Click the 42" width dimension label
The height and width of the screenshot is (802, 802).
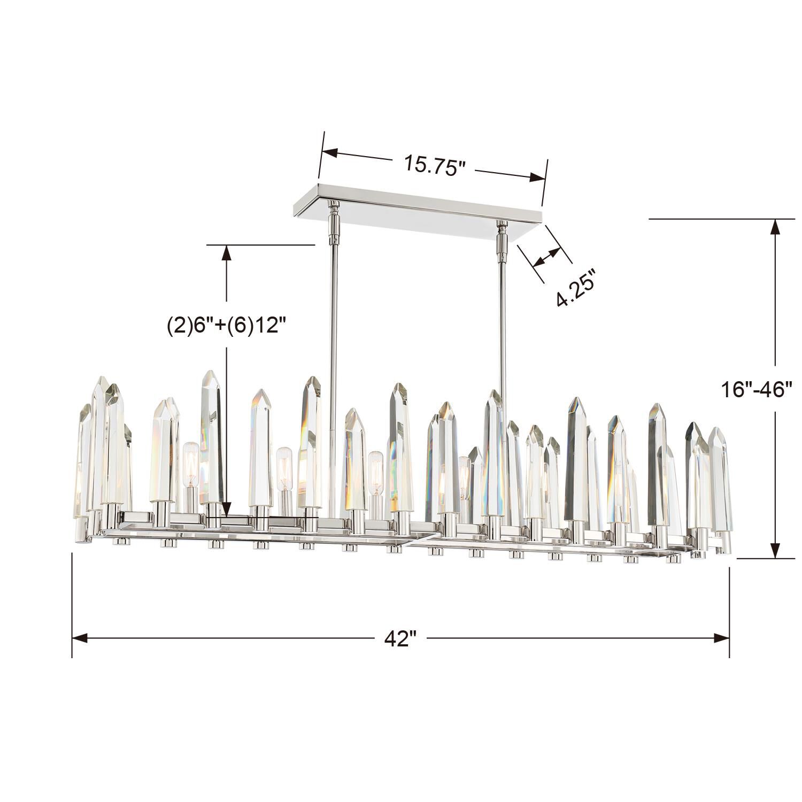coord(400,638)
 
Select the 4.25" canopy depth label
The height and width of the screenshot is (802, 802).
coord(576,288)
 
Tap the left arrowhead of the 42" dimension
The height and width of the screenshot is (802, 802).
coord(79,638)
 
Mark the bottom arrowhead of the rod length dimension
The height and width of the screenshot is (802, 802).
coord(227,510)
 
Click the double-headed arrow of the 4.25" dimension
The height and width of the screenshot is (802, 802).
coord(546,258)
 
